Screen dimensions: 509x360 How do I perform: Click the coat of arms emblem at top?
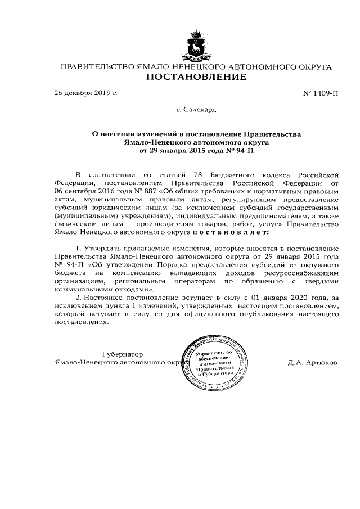(196, 46)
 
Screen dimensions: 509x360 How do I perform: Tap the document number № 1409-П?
(321, 92)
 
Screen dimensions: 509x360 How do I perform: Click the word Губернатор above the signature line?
(123, 354)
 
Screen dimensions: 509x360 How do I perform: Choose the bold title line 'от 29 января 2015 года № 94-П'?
(196, 151)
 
